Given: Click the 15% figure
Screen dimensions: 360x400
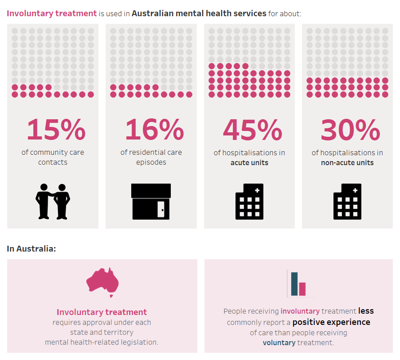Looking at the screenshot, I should click(56, 130).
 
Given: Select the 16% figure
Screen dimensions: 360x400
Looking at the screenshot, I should click(154, 130).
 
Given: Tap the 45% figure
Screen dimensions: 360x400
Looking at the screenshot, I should click(252, 130).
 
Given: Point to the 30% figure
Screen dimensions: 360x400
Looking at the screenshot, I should click(350, 130).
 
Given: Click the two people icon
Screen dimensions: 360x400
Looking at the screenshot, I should click(53, 201).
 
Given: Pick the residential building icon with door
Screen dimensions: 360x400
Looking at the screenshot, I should click(151, 201).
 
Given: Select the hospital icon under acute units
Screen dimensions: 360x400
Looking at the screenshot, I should click(249, 202).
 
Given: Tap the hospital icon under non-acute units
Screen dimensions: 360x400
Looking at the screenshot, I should click(347, 202).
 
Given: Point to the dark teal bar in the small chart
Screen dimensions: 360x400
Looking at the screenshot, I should click(294, 284).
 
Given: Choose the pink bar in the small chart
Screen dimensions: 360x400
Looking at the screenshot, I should click(302, 289).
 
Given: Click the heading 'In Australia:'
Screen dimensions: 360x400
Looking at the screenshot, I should click(31, 248).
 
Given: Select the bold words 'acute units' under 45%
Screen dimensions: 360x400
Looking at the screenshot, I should click(249, 162).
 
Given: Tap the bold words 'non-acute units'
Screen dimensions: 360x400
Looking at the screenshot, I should click(347, 162).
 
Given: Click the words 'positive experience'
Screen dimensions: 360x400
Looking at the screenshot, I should click(331, 322).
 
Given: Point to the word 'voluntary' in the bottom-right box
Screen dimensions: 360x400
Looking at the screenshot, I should click(279, 342).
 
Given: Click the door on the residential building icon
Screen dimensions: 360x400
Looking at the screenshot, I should click(161, 210).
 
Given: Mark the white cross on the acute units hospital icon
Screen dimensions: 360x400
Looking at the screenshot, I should click(257, 190).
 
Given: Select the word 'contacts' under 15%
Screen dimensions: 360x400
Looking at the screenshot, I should click(53, 162).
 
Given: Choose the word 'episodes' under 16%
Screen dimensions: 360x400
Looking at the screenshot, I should click(151, 162).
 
